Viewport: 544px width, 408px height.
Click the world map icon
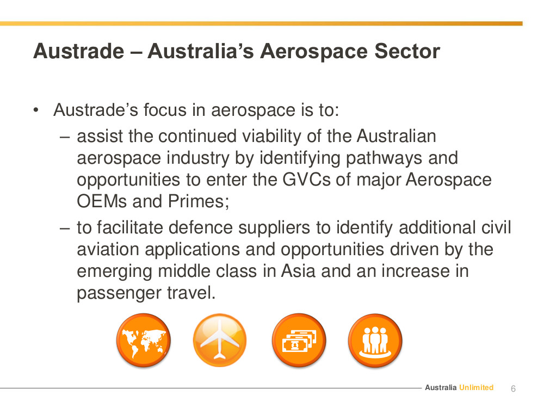tap(143, 341)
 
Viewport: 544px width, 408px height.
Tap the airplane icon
tap(220, 341)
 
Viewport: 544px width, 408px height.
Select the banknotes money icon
tap(299, 341)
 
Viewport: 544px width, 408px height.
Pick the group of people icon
tap(375, 341)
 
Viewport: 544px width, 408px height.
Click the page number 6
tap(513, 388)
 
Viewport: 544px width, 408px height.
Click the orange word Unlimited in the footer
tap(477, 387)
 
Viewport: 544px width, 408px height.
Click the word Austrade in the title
tap(79, 51)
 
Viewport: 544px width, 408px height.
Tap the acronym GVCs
tap(306, 180)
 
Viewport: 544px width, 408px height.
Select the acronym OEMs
tap(102, 202)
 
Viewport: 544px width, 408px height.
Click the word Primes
tap(199, 202)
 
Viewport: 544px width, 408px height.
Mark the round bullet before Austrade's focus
tap(36, 110)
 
